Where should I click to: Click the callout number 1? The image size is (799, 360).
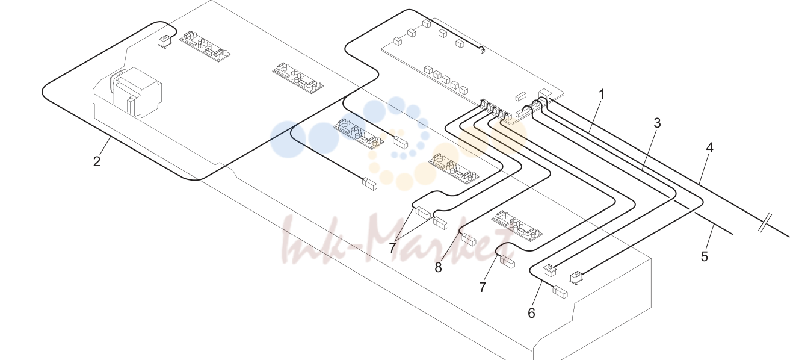[602, 95]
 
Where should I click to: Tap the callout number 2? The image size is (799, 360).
[97, 161]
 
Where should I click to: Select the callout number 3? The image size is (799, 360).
[657, 123]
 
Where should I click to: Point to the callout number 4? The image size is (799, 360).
[709, 147]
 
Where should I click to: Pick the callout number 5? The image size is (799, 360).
[704, 256]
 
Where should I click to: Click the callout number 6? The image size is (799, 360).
[531, 313]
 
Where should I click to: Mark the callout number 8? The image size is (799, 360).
[439, 267]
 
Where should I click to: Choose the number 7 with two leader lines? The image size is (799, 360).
[393, 247]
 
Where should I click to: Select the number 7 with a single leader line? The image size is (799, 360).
[483, 287]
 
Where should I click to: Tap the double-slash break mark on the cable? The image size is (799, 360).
[765, 222]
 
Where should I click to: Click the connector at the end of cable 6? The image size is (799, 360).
[560, 292]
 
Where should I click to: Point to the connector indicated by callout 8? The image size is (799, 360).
[468, 240]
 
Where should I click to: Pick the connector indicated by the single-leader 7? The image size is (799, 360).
[507, 262]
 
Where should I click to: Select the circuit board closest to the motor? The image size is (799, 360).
[205, 46]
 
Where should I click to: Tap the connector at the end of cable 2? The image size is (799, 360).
[164, 42]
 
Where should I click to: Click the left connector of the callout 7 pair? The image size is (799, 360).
[423, 213]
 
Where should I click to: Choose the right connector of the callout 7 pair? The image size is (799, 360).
[440, 223]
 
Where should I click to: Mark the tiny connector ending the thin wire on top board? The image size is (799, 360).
[483, 51]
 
